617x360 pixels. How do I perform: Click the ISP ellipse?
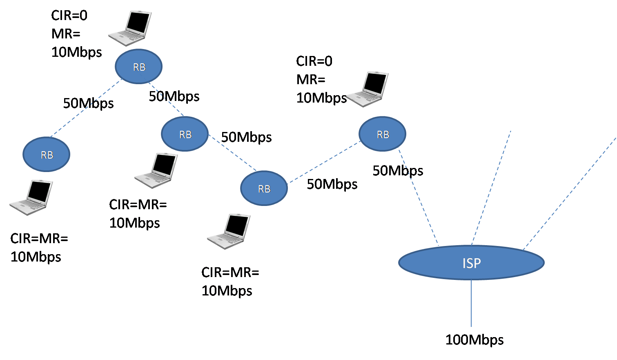pos(471,263)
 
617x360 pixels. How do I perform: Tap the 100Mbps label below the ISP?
pos(474,340)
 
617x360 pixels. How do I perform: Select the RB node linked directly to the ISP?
pos(382,134)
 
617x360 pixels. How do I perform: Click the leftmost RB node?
pos(47,154)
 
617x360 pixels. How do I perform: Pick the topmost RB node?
pos(139,67)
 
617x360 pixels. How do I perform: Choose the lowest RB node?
pos(264,188)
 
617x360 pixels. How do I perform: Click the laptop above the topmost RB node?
pos(130,28)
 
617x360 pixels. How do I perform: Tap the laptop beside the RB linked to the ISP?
pos(367,89)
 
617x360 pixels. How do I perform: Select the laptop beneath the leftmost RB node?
pos(31,197)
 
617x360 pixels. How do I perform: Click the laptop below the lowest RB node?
pos(229,231)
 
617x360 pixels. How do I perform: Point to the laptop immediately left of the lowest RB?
pos(156,170)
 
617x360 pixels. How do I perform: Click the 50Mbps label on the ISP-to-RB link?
pos(398,170)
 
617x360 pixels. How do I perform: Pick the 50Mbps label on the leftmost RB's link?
pos(88,103)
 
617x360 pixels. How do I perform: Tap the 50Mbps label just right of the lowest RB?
pos(332,184)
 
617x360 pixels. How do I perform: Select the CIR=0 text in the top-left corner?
pos(69,16)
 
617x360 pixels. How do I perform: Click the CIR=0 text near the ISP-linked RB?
pos(314,61)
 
